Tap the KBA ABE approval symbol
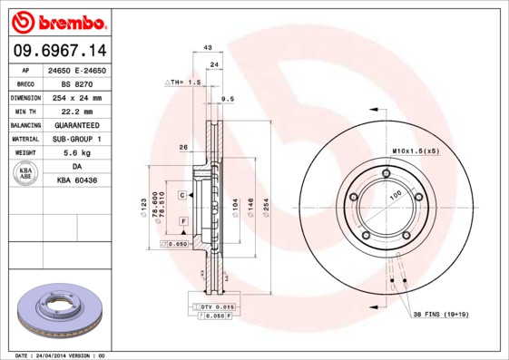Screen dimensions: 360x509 coord(26,173)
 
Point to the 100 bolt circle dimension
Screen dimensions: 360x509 coord(395,195)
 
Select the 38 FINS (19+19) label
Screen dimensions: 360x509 coord(442,314)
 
